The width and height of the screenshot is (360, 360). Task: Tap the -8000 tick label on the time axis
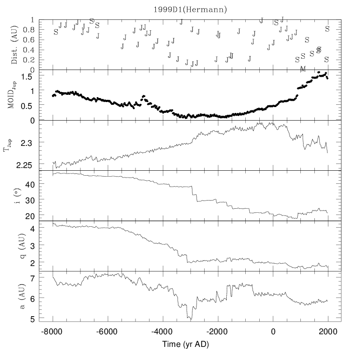[x=53, y=331]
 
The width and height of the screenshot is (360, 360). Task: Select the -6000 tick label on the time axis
[x=108, y=331]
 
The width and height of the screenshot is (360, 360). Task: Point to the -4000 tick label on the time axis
[x=163, y=331]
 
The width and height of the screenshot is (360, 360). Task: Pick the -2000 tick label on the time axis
[x=218, y=331]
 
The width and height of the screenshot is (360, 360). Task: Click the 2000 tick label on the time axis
[x=327, y=331]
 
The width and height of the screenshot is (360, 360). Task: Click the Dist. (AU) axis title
[x=14, y=45]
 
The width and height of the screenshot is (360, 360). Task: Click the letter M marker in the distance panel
[x=303, y=69]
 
